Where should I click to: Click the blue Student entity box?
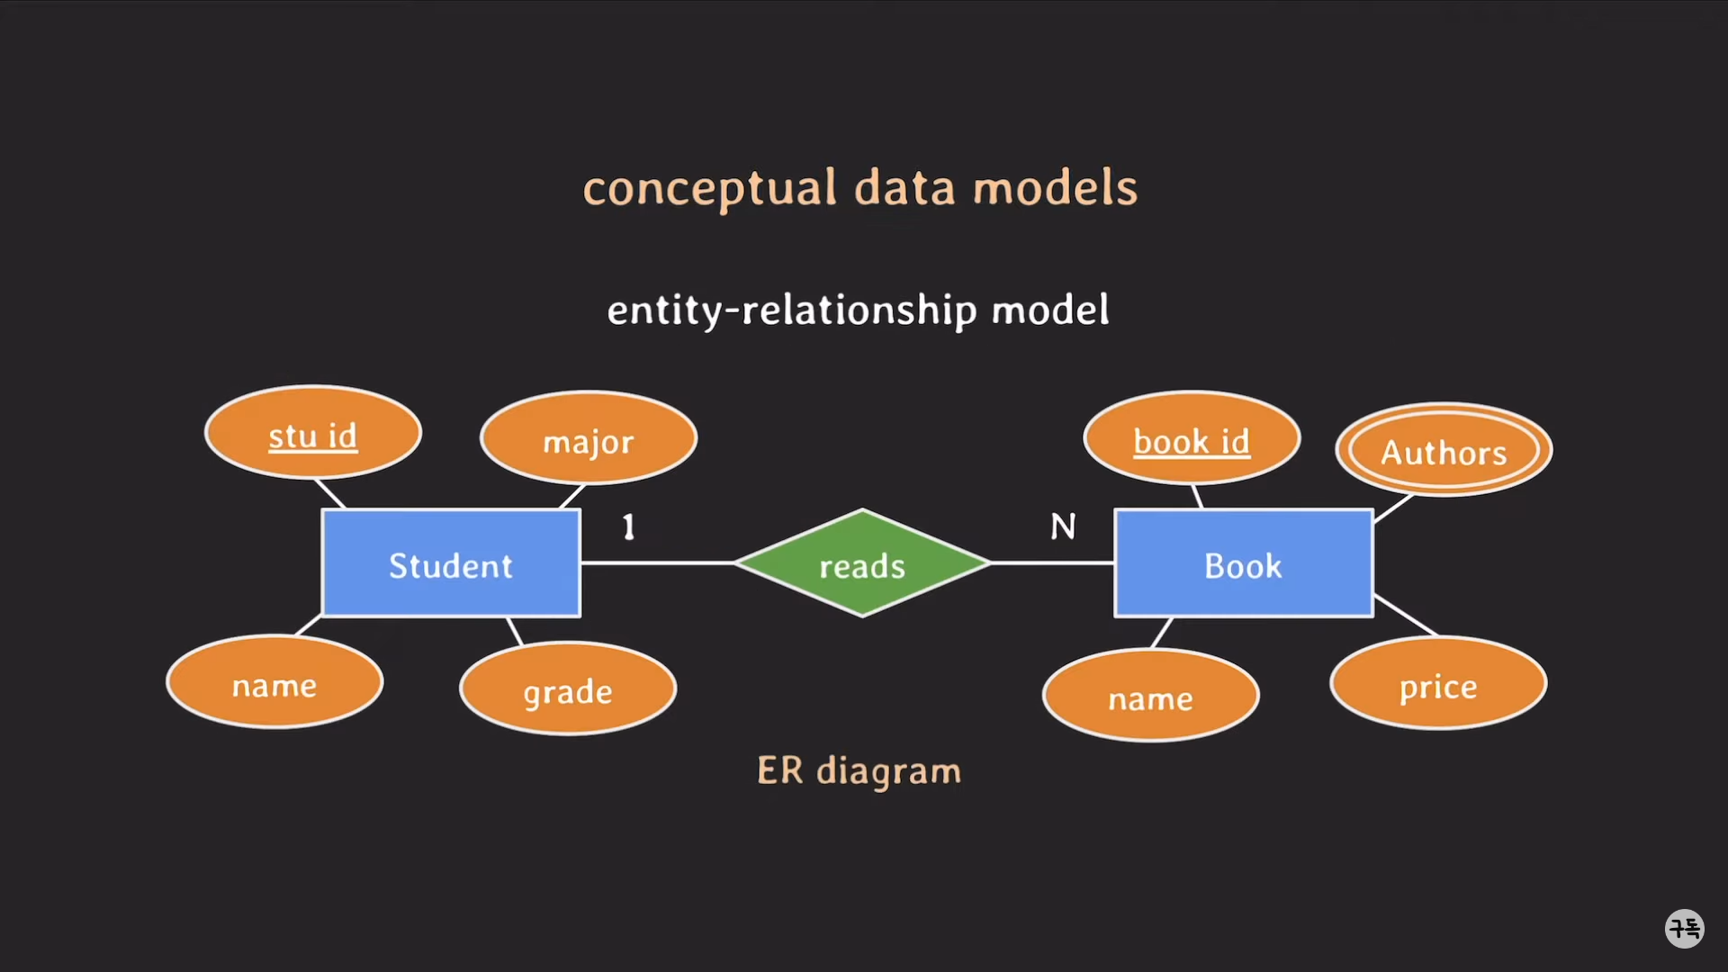tap(451, 563)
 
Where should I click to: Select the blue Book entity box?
tap(1244, 563)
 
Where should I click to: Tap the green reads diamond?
tap(862, 564)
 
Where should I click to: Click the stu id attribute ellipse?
tap(313, 434)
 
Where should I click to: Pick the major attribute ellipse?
tap(589, 439)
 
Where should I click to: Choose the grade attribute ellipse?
tap(568, 689)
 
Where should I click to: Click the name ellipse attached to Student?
tap(274, 683)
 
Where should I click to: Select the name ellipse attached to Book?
tap(1150, 696)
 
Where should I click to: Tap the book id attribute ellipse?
tap(1192, 439)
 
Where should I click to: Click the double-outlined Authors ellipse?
tap(1444, 450)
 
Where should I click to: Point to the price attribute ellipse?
tap(1438, 684)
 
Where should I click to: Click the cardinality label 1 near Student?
tap(629, 526)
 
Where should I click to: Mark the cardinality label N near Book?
tap(1063, 526)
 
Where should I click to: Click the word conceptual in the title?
tap(710, 189)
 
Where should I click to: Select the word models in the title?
tap(1055, 189)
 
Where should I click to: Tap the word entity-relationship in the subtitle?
tap(792, 310)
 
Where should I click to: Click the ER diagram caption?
tap(859, 771)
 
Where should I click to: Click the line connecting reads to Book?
tap(1052, 563)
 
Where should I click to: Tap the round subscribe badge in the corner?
tap(1684, 928)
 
